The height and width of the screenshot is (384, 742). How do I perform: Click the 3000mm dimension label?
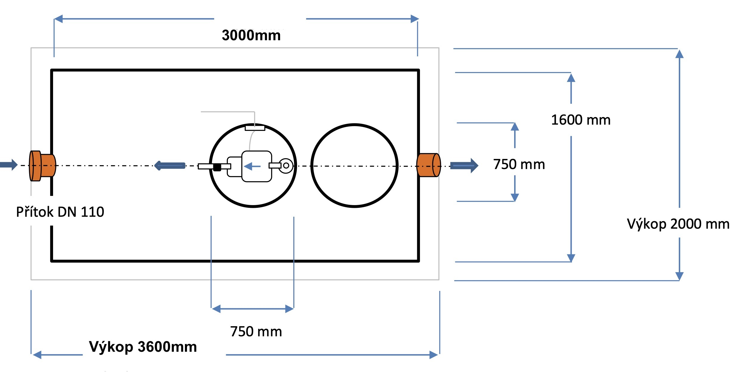point(251,35)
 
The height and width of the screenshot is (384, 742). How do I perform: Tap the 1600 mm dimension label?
point(581,120)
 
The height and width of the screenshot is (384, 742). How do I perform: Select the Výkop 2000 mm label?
point(678,224)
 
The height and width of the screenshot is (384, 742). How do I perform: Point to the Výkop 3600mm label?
point(143,347)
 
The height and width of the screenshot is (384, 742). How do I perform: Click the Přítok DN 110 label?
point(60,212)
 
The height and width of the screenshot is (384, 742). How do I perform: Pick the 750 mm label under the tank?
point(256,332)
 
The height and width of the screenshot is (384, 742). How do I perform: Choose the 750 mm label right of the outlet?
point(519,164)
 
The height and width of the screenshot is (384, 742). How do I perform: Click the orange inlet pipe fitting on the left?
point(42,166)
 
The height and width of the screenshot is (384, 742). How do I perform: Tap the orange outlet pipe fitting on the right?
point(429,165)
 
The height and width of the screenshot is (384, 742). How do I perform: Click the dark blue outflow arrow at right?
point(464,165)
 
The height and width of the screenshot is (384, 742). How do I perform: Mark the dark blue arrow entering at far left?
point(9,165)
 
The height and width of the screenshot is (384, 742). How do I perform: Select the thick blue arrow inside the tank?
point(169,165)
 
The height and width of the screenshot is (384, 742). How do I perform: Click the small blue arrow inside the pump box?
point(252,166)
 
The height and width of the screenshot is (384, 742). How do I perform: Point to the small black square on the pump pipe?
point(217,167)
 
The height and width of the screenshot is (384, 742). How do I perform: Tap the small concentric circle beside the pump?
point(286,165)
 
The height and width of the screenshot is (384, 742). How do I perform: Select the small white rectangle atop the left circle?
point(255,128)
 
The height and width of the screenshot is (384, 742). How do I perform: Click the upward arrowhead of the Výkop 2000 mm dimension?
point(679,54)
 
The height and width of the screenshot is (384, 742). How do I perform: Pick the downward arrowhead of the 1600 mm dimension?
point(571,258)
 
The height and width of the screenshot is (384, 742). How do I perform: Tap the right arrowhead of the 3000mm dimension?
point(415,19)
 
